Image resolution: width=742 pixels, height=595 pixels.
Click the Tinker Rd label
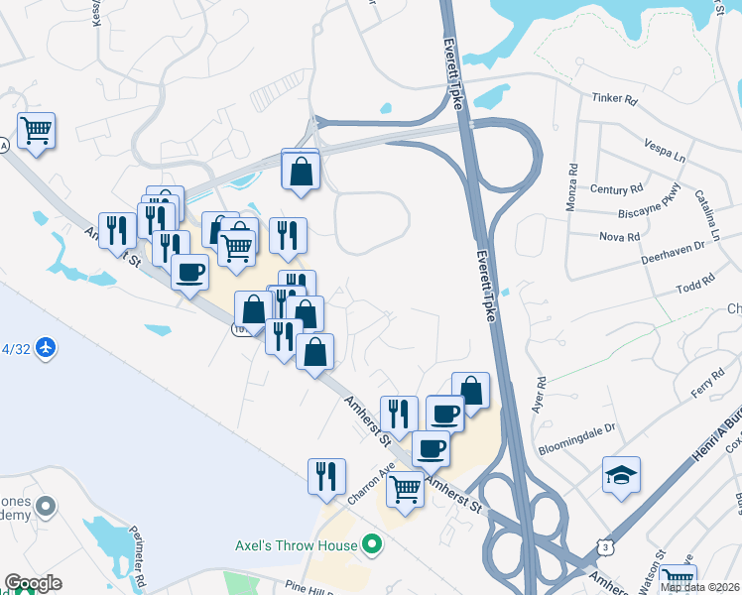[x=612, y=98]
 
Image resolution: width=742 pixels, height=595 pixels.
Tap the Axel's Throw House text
[x=296, y=544]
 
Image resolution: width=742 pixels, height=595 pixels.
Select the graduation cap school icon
[x=621, y=476]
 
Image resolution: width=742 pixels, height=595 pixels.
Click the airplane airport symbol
[x=45, y=348]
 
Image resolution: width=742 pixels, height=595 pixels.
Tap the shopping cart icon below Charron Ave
[x=405, y=488]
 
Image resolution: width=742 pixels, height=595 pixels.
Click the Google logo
[x=33, y=583]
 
